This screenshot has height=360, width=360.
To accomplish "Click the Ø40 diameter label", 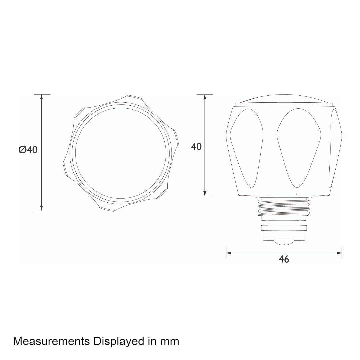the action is click(28, 150).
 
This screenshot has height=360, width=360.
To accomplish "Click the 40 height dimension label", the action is click(196, 146).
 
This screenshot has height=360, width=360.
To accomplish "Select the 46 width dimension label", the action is click(284, 259).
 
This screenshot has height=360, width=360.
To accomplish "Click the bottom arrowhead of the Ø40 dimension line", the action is click(42, 208).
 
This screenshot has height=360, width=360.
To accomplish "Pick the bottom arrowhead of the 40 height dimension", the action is click(205, 193).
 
